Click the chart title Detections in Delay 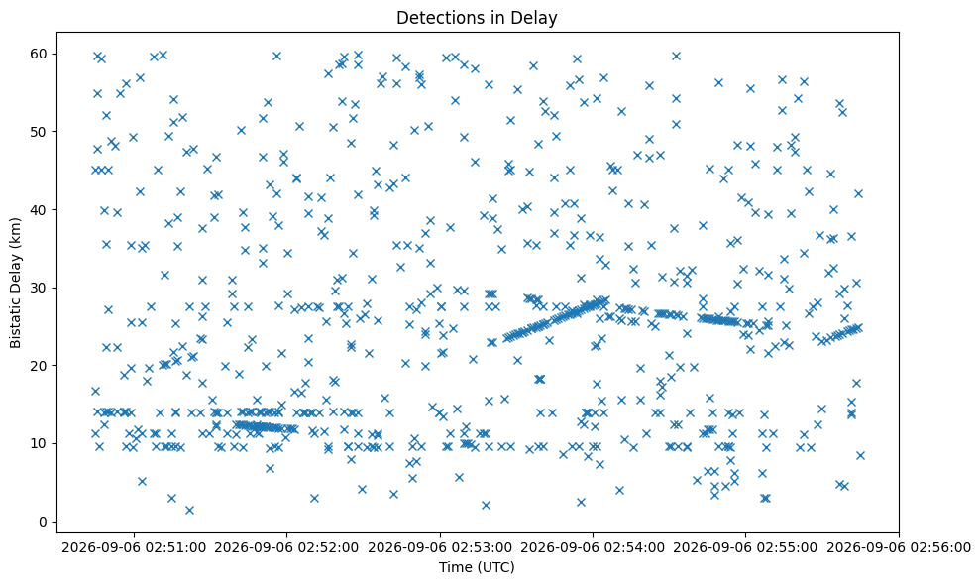point(477,18)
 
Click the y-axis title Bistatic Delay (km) point(15,283)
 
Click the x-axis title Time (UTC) point(477,567)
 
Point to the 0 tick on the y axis point(43,522)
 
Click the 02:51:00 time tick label point(134,548)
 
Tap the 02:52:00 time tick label point(287,548)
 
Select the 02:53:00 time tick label point(440,548)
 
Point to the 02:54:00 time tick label point(594,548)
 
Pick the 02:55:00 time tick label point(745,548)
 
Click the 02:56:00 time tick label point(899,548)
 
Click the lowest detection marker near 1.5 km point(189,510)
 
